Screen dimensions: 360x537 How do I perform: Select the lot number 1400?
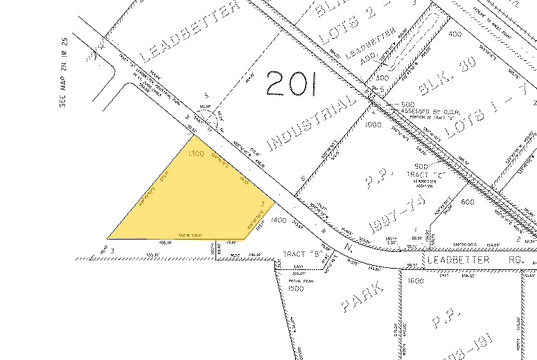point(279,219)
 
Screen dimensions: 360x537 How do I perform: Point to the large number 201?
point(291,85)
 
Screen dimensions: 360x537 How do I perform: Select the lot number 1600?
point(415,282)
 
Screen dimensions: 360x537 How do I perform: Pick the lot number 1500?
point(296,287)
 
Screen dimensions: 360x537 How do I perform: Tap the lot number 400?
point(455,33)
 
